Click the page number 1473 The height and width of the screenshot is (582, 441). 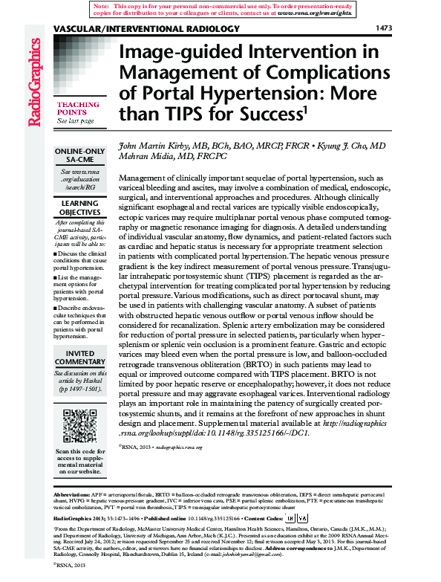tap(384, 29)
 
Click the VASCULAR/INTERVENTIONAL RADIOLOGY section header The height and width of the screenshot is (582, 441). tap(147, 29)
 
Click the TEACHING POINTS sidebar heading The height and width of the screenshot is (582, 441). tap(76, 109)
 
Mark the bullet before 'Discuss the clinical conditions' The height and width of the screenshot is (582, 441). tap(56, 254)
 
